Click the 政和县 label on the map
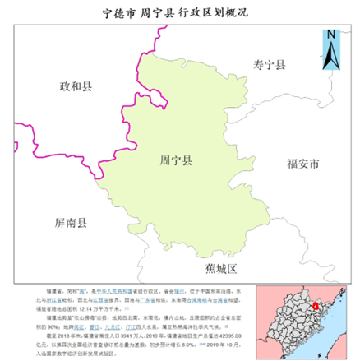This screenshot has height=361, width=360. coord(76,86)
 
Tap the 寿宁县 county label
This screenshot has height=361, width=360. coord(269,64)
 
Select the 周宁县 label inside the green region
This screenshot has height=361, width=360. coord(175,162)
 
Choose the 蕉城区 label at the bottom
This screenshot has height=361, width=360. coord(221,269)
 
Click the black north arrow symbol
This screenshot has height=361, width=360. coord(330,55)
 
